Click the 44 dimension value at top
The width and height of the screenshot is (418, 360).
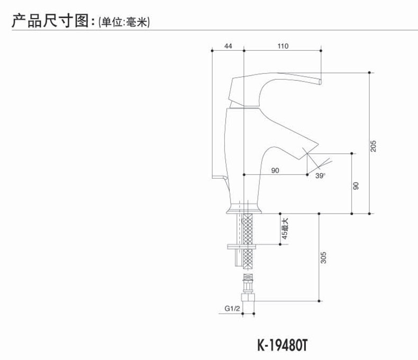pos(228,47)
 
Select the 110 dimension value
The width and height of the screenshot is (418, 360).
pos(283,47)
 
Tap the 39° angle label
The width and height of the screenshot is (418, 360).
pos(321,176)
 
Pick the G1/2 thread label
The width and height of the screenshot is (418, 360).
pos(232,308)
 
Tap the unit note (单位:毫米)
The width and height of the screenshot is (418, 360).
pos(121,22)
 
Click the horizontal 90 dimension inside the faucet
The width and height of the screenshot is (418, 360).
pos(275,170)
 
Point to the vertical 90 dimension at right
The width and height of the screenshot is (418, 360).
pos(356,186)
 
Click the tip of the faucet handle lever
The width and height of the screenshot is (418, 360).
pos(320,81)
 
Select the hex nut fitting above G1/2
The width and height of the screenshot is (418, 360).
pos(247,290)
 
